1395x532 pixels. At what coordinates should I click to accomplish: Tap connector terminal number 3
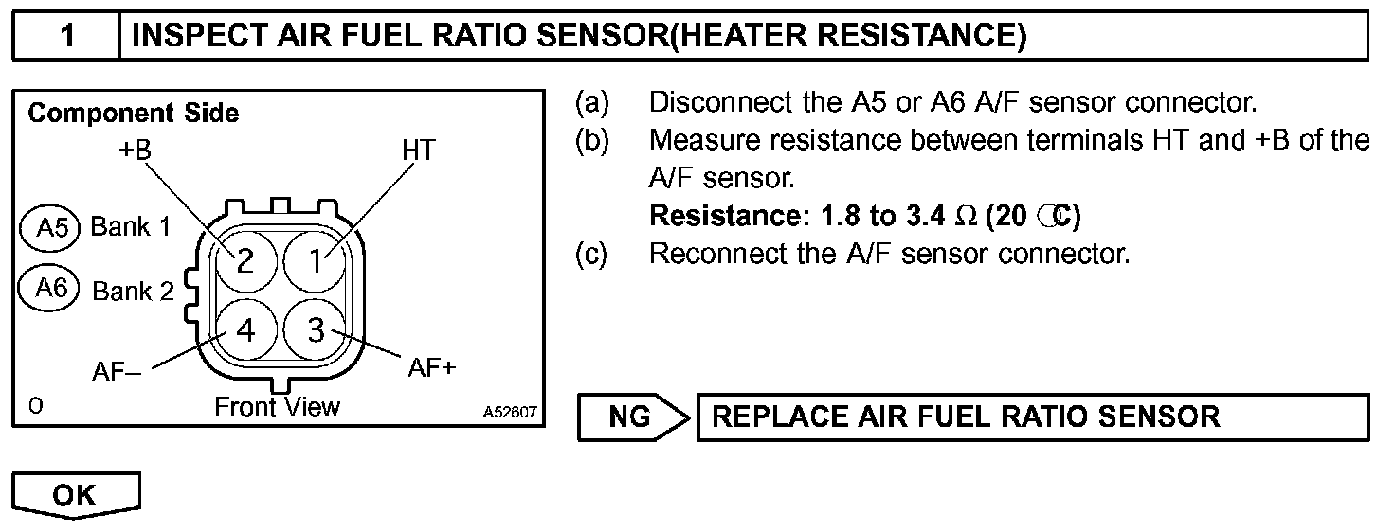[x=317, y=330]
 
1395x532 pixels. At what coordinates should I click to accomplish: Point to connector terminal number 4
[x=245, y=330]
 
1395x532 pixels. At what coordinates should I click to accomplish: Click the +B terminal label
[x=136, y=150]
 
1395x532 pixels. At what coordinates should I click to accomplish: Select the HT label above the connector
[x=418, y=150]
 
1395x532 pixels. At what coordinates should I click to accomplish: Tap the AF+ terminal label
[x=432, y=367]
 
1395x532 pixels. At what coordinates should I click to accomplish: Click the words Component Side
[x=134, y=114]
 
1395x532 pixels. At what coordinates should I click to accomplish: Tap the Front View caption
[x=277, y=407]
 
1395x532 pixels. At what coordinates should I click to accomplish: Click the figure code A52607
[x=510, y=413]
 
